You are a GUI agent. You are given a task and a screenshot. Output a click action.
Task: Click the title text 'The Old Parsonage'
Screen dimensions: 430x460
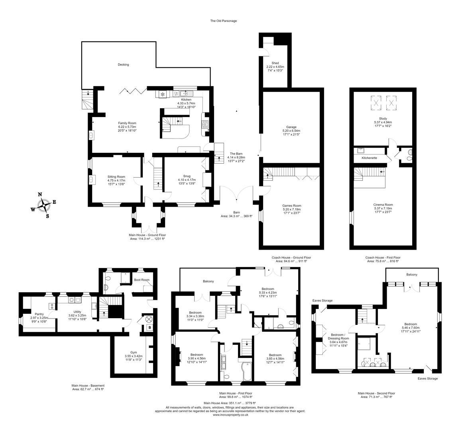coord(223,21)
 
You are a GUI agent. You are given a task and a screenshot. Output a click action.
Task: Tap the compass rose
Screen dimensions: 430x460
coord(44,205)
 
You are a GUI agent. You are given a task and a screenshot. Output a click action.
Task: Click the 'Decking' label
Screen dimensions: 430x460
coord(123,64)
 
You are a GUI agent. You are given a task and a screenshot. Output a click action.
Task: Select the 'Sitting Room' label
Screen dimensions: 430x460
coord(116,176)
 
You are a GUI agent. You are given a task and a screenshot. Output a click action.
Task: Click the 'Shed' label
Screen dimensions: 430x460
coord(275,63)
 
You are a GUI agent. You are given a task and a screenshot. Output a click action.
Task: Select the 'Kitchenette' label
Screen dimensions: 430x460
coord(369,158)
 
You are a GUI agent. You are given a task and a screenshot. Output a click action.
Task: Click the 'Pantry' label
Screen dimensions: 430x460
coord(39,314)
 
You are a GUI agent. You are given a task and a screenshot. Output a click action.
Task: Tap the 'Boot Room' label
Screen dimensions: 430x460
coord(142,280)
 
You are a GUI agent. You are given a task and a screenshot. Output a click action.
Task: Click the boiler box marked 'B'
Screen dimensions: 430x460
coord(149,328)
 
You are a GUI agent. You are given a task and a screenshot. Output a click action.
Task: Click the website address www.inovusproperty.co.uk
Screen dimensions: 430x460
coord(230,414)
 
